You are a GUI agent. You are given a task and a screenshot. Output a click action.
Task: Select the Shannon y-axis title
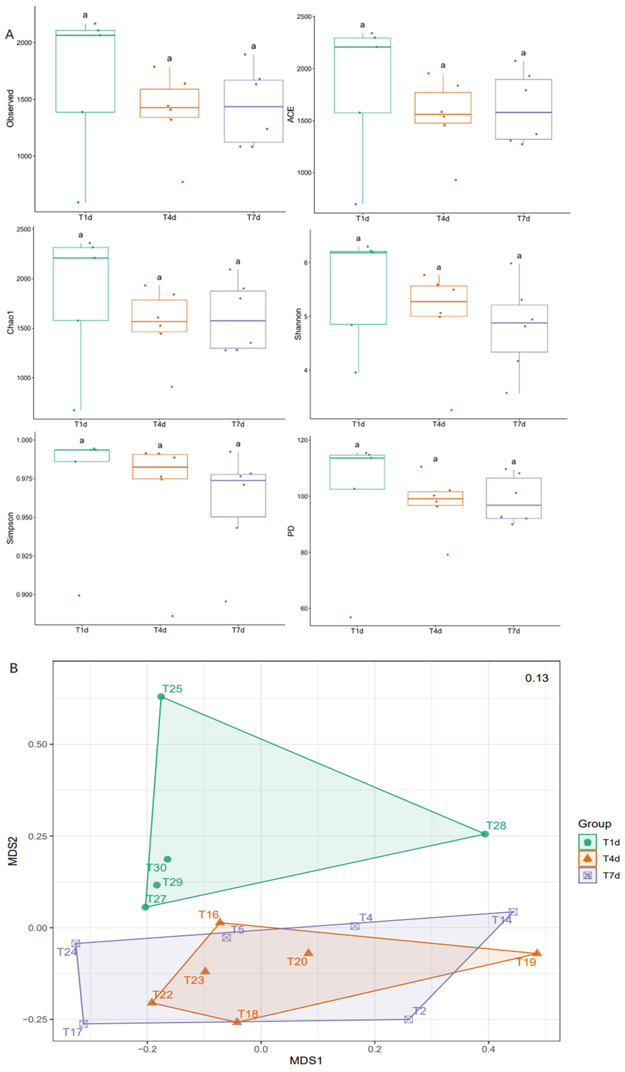298,324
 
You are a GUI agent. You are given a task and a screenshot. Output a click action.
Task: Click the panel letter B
14,668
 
